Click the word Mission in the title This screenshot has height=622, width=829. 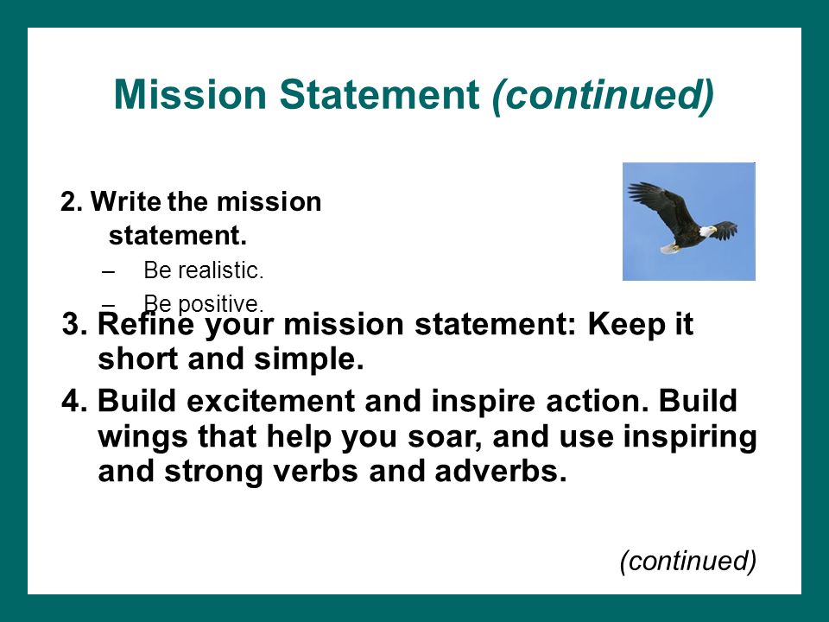[x=190, y=94]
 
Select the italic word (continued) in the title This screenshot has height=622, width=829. [x=604, y=95]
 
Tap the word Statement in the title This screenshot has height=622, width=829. [x=379, y=94]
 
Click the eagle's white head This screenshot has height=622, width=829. [x=707, y=231]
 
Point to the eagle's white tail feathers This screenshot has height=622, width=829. [x=669, y=248]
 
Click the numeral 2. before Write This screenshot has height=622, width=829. [x=72, y=202]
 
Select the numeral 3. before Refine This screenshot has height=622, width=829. [x=74, y=324]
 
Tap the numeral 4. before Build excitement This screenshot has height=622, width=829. [x=74, y=401]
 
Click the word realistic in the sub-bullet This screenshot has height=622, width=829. [x=220, y=270]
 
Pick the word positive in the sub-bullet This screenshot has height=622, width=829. [x=220, y=305]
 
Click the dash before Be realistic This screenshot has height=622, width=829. [x=108, y=272]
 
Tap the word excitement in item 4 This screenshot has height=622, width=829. [x=270, y=401]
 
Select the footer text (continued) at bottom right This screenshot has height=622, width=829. [x=688, y=561]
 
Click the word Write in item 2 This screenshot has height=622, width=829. [x=126, y=201]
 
